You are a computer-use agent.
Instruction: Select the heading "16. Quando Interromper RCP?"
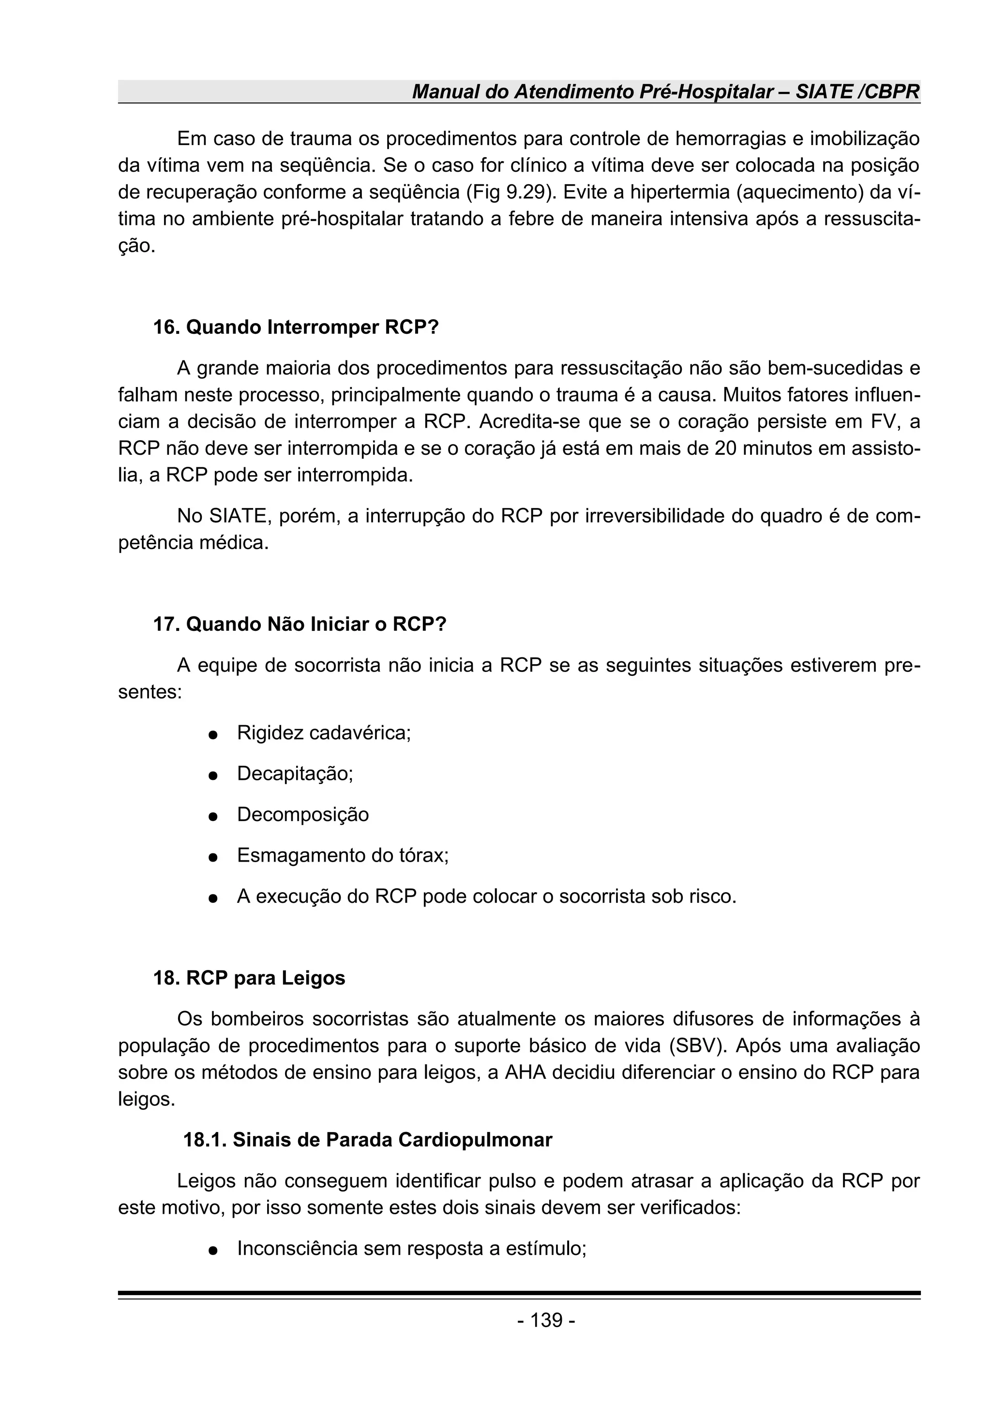click(x=296, y=328)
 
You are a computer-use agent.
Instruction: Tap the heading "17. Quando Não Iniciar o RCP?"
click(x=299, y=624)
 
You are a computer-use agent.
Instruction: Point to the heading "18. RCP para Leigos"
click(x=249, y=978)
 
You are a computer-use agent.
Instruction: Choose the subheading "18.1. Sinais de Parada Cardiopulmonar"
click(x=368, y=1139)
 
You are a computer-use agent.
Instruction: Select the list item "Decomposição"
click(x=303, y=815)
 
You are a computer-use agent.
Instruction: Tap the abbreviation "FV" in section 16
click(x=884, y=421)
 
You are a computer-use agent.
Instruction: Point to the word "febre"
click(x=527, y=219)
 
